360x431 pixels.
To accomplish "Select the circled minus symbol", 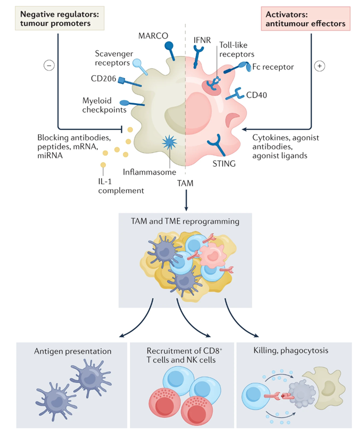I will click(x=49, y=66).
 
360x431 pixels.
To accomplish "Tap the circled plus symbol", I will click(x=319, y=66).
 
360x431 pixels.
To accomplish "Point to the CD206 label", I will click(x=104, y=79).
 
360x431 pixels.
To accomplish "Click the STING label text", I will click(x=224, y=164).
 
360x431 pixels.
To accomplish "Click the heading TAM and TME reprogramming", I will click(x=184, y=222).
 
